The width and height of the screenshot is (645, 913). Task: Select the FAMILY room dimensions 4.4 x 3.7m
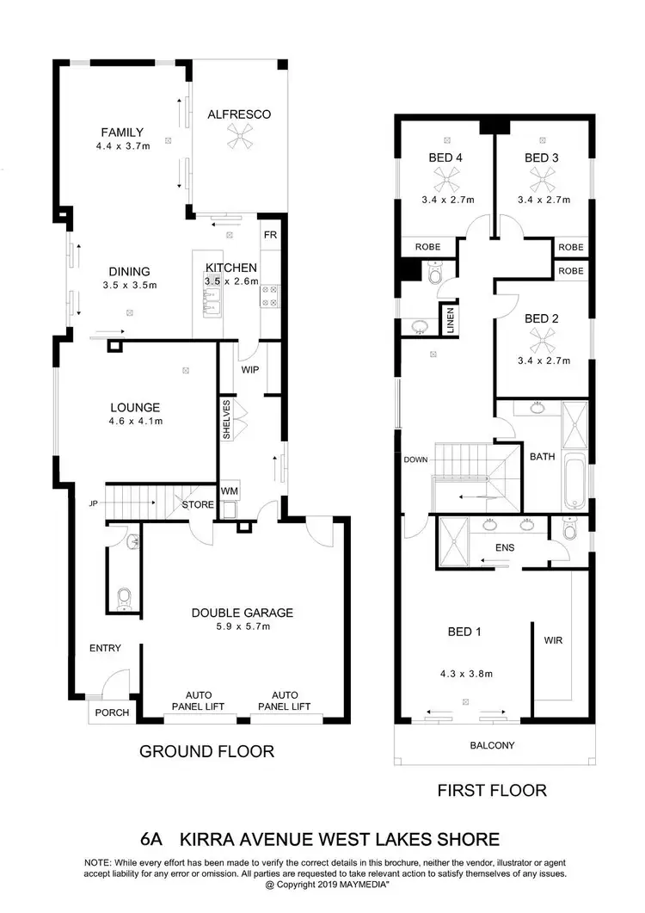pos(123,147)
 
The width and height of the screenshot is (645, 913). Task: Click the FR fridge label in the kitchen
pos(270,234)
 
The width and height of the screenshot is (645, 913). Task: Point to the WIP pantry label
pos(250,371)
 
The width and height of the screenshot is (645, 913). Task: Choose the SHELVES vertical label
pos(227,420)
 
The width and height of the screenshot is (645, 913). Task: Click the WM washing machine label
pos(229,490)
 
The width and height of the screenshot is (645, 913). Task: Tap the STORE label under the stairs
pos(197,504)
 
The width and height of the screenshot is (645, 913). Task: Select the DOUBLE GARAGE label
pos(242,614)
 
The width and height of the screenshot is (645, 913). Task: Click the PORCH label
pos(112,713)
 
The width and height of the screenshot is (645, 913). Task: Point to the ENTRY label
pos(105,648)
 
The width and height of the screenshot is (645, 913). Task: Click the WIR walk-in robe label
pos(552,641)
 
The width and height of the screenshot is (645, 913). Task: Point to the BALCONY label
pos(493,745)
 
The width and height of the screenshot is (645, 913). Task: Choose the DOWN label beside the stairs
pos(415,460)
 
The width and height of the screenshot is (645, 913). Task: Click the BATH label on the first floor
pos(542,457)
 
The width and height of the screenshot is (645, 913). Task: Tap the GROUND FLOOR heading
pos(206,752)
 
